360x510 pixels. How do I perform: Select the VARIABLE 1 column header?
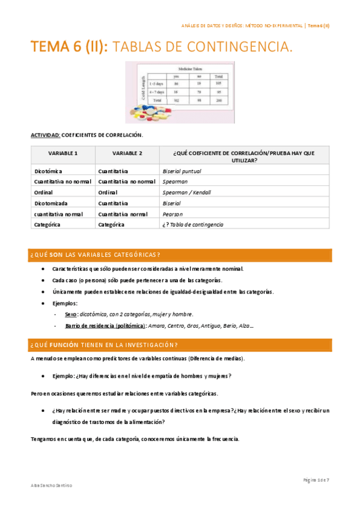(63, 153)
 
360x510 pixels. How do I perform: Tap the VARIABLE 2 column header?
(127, 153)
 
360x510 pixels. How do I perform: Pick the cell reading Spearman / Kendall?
(186, 192)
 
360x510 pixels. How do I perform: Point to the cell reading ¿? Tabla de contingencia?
(192, 224)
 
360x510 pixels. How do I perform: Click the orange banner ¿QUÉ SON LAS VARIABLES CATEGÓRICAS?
(180, 254)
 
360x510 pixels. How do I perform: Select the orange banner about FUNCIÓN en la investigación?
(180, 345)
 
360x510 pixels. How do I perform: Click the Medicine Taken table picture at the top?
(178, 86)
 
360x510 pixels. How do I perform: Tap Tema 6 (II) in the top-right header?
(319, 26)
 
